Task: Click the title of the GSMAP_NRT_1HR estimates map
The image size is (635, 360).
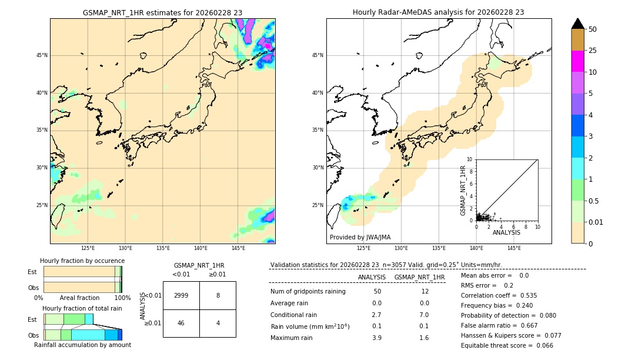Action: (x=162, y=12)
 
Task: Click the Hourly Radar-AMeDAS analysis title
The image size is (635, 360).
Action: (x=439, y=12)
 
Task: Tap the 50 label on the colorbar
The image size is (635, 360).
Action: (x=593, y=29)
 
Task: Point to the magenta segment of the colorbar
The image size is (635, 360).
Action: (x=578, y=61)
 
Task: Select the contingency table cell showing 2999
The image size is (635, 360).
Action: (x=181, y=295)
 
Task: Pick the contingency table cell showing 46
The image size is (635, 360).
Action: (x=181, y=323)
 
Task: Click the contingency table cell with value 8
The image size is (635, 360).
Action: (x=218, y=295)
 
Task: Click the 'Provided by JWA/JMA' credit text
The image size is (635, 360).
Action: (x=360, y=237)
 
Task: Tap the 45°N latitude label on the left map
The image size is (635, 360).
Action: (x=42, y=55)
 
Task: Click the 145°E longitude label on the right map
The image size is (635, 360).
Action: (x=514, y=248)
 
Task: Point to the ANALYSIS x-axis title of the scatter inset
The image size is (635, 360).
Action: (x=506, y=232)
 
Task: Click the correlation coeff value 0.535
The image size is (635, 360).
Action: (x=525, y=295)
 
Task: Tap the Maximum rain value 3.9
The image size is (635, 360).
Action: (x=376, y=338)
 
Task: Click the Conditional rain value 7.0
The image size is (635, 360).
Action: (x=424, y=315)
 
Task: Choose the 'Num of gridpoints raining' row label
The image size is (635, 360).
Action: (x=308, y=291)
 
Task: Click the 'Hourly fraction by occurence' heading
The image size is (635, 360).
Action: (x=82, y=261)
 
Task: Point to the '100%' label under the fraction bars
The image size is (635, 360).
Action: (x=122, y=298)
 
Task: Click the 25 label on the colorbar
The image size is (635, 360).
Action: (x=593, y=51)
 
